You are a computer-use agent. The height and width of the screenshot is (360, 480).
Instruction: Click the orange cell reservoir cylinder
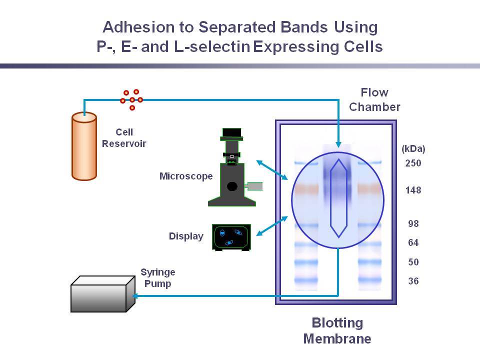(84, 146)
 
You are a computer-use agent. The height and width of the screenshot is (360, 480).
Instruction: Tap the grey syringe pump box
(103, 294)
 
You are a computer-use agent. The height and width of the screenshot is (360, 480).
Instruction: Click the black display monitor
(231, 237)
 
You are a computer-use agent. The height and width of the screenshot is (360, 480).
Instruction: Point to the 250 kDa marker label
(413, 163)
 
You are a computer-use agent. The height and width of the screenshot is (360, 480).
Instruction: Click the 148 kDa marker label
(413, 190)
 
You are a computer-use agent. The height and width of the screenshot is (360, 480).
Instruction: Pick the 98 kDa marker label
(413, 223)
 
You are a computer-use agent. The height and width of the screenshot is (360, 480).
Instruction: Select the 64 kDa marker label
(413, 243)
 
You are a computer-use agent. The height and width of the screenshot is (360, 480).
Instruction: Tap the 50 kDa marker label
(413, 262)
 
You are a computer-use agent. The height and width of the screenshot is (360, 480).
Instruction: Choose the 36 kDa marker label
(413, 281)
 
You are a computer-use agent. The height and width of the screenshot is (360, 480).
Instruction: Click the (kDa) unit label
(413, 149)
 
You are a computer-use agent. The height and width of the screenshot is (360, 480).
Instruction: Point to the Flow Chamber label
(374, 99)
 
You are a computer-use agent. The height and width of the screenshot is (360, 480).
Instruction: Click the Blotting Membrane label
(337, 330)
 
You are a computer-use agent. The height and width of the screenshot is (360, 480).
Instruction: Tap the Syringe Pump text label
(157, 278)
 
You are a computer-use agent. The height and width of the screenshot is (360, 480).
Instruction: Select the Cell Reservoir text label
(124, 138)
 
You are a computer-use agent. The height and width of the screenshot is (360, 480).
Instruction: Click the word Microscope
(186, 176)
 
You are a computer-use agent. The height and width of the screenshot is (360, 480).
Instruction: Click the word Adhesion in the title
(138, 27)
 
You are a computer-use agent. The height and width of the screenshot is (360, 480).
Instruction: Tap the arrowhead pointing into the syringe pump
(135, 295)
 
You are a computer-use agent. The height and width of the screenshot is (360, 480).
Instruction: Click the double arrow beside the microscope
(272, 170)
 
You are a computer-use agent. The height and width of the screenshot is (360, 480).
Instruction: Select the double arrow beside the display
(272, 226)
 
